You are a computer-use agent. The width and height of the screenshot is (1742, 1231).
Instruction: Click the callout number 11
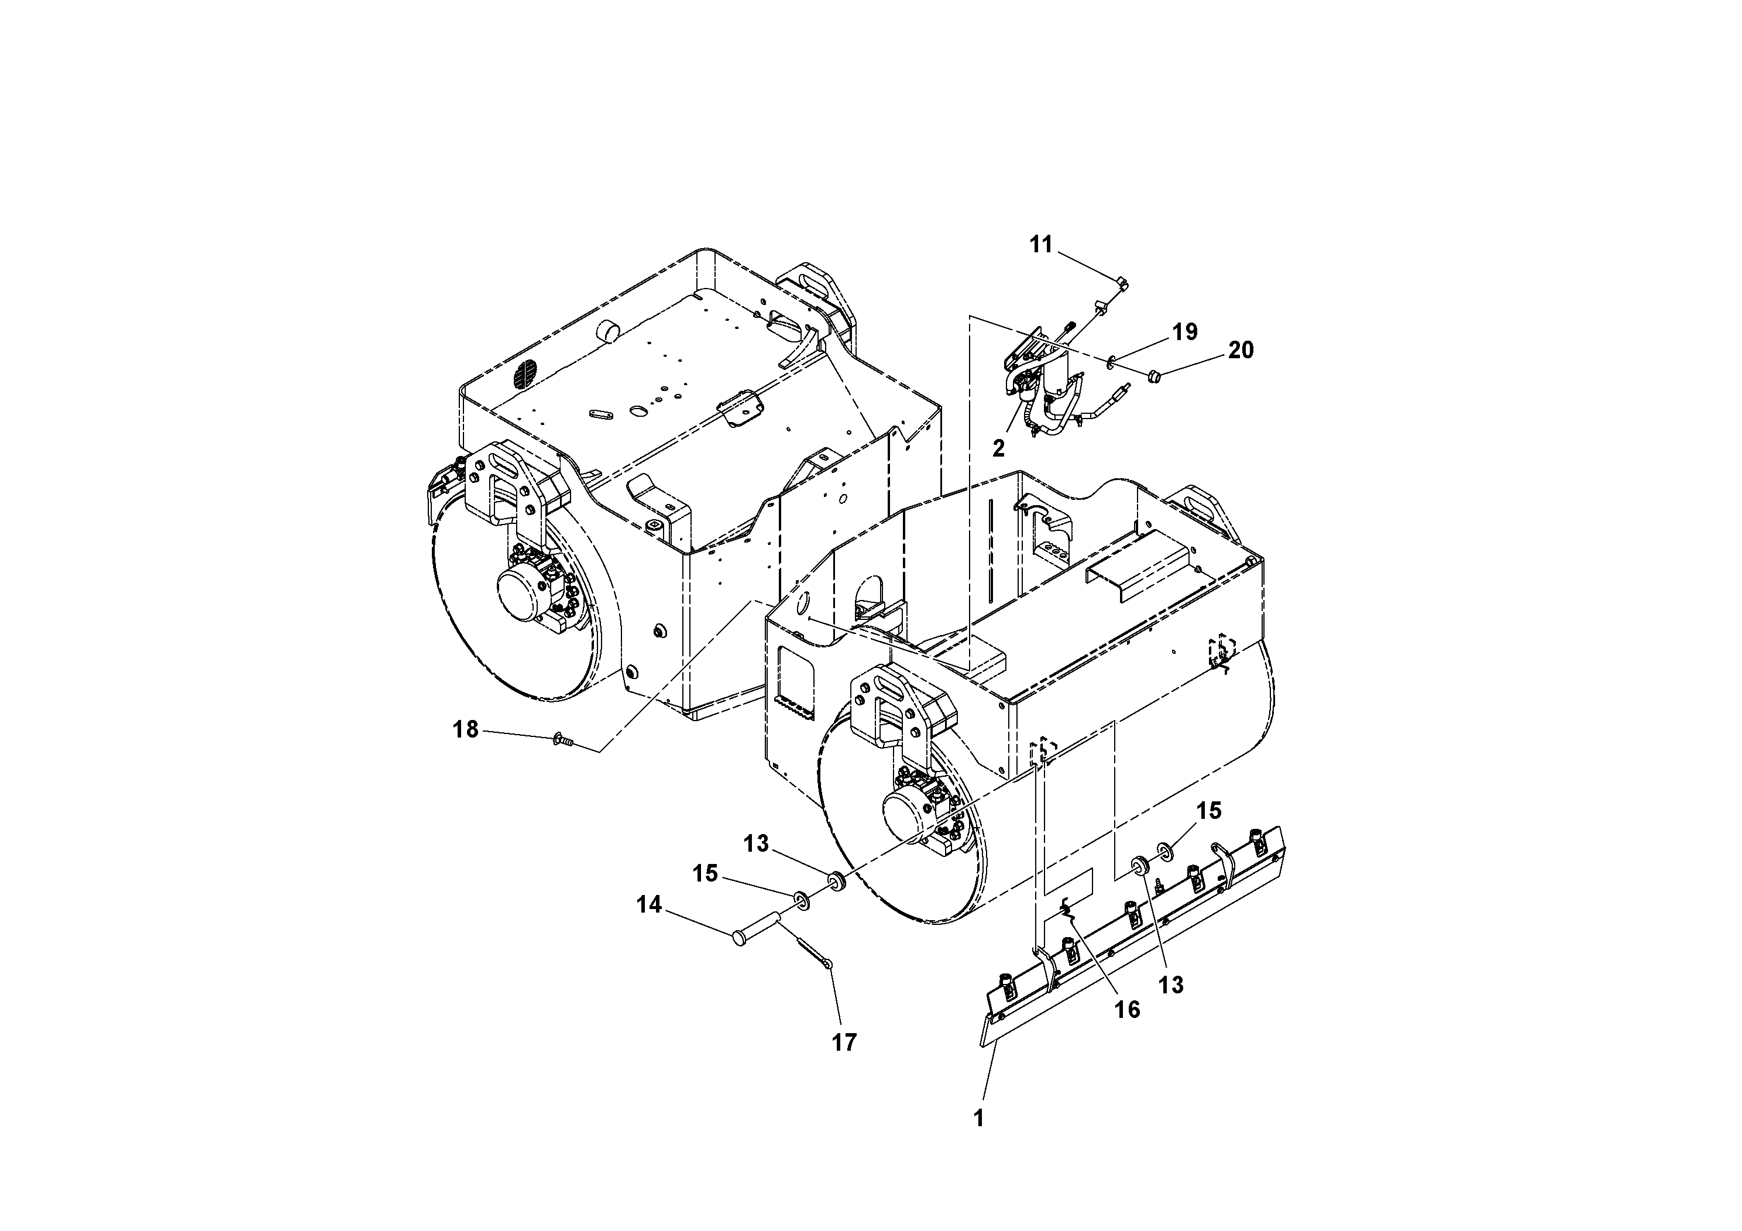[1041, 245]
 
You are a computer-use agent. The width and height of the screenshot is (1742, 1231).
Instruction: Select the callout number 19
[1184, 332]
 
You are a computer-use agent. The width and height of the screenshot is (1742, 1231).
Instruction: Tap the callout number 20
[1241, 350]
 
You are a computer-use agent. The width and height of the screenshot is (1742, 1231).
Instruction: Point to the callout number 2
[998, 448]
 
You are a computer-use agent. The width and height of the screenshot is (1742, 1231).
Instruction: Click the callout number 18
[465, 729]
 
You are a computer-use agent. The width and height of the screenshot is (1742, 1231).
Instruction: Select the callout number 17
[844, 1043]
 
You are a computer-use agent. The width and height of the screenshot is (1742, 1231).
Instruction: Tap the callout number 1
[979, 1118]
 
